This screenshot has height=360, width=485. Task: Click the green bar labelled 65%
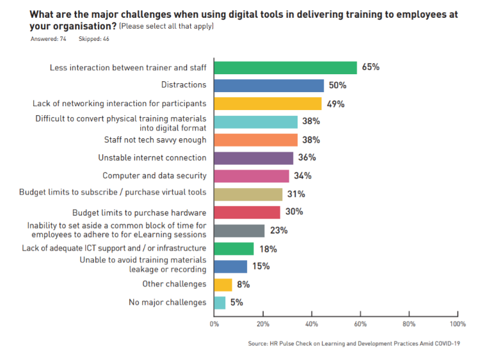[285, 68]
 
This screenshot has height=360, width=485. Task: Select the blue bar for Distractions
[269, 86]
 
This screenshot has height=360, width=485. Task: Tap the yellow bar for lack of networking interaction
[267, 104]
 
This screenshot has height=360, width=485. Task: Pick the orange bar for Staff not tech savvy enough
[255, 139]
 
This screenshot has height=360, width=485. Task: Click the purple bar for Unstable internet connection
[253, 158]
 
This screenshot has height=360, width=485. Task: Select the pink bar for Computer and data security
[251, 176]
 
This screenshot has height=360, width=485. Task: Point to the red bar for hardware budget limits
[247, 212]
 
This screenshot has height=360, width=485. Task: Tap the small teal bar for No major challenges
[219, 302]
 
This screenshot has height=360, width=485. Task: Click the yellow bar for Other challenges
[223, 285]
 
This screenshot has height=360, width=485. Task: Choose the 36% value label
[307, 158]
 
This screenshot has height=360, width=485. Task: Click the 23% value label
[278, 230]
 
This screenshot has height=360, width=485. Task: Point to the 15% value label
[260, 267]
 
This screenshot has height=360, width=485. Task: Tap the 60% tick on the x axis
[360, 324]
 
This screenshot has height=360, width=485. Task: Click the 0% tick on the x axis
[214, 324]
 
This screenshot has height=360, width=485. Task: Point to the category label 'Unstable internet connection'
[152, 158]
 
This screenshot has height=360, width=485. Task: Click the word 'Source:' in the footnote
[257, 344]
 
